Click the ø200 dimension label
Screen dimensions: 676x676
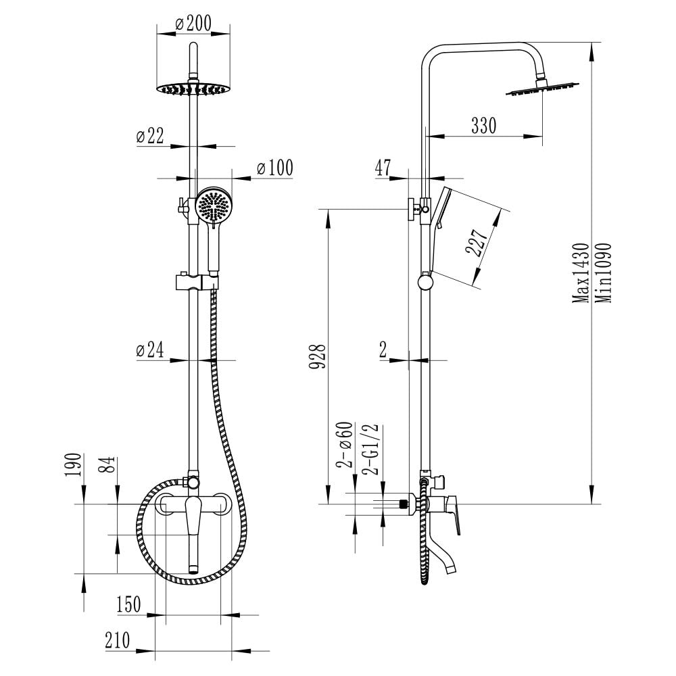[x=193, y=23]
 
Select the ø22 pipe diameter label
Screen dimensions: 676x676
[x=150, y=136]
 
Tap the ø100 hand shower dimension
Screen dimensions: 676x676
[x=274, y=168]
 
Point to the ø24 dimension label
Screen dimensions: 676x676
[x=150, y=349]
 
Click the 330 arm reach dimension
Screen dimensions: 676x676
[x=484, y=126]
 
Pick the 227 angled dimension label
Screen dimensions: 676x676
[x=477, y=242]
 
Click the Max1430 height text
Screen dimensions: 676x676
[x=580, y=273]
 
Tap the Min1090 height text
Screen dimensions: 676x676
[x=603, y=273]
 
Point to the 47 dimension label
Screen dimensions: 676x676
[x=383, y=168]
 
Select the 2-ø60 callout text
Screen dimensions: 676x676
[x=345, y=445]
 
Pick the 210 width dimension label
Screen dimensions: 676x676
[x=117, y=640]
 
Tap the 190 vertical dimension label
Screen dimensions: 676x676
[x=73, y=465]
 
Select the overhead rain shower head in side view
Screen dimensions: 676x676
[x=543, y=89]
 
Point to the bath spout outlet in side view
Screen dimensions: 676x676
[x=451, y=569]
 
